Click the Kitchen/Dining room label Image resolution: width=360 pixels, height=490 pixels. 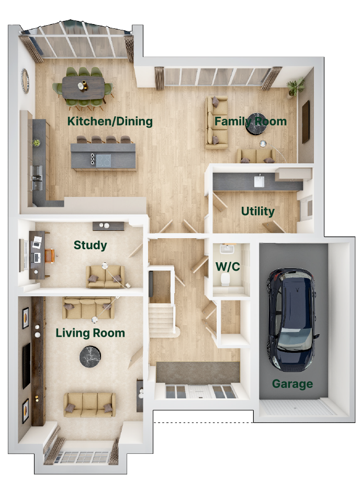point(110,121)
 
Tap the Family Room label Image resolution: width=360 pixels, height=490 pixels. point(251,121)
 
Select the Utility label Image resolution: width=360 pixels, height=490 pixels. point(258,211)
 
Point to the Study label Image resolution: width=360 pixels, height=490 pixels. point(90,246)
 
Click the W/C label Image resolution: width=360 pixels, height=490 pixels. point(228,266)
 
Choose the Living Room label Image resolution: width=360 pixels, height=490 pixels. point(90,333)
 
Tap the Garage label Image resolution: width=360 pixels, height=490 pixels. point(292,384)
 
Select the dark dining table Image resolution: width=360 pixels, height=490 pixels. point(83,87)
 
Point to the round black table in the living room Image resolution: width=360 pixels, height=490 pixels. point(90,357)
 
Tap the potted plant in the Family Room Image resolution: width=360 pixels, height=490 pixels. point(295,86)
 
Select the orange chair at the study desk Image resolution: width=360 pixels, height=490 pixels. point(50,255)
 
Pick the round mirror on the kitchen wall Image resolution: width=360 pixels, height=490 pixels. point(25,80)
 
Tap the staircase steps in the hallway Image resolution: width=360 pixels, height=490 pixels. point(161,319)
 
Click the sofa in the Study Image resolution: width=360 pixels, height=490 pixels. point(105,276)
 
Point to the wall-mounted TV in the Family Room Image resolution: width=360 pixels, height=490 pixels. point(306,122)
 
